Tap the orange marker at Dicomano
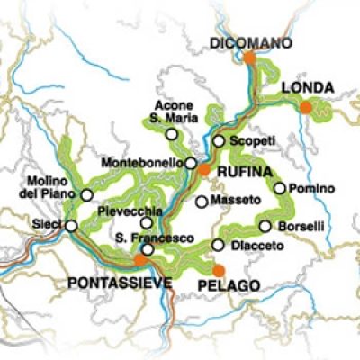point(249,58)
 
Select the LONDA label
point(308,87)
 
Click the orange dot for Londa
point(306,107)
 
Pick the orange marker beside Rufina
point(205,168)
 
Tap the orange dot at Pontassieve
point(139,259)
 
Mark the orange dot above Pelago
point(219,269)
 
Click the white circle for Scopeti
point(218,141)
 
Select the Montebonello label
point(143,164)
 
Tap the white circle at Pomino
point(280,188)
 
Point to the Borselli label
point(301,226)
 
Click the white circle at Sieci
point(71,226)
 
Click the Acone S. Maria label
point(170,111)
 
